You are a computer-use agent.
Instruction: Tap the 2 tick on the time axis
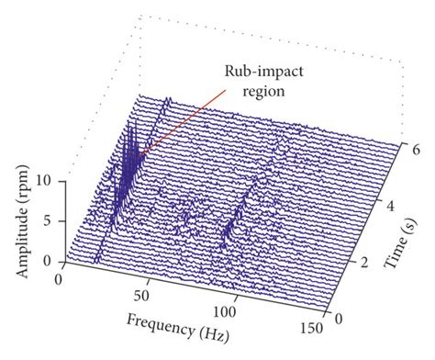tap(363, 264)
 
